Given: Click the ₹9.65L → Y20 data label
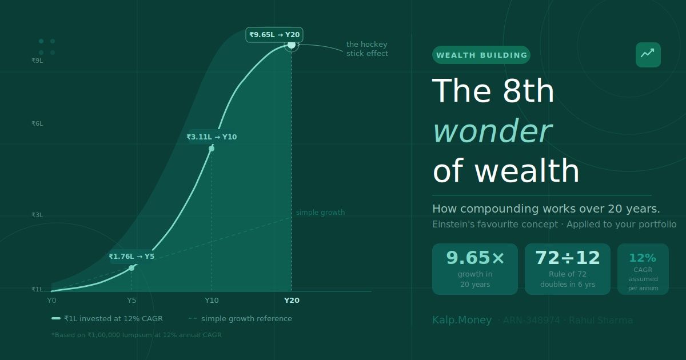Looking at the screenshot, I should pyautogui.click(x=274, y=35).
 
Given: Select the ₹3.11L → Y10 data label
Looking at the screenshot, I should pyautogui.click(x=212, y=137).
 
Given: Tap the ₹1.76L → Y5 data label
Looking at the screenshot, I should pyautogui.click(x=131, y=257).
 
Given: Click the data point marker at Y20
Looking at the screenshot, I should pyautogui.click(x=292, y=45).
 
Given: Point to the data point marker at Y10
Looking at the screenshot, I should pyautogui.click(x=212, y=149).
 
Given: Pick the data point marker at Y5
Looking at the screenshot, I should pyautogui.click(x=131, y=268).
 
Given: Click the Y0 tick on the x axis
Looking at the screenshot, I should pyautogui.click(x=51, y=301).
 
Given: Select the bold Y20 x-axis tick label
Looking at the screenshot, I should pyautogui.click(x=292, y=301).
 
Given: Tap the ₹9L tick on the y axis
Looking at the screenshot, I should pyautogui.click(x=37, y=61).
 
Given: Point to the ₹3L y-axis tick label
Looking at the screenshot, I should pyautogui.click(x=37, y=215).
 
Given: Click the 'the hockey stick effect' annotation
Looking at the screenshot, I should pyautogui.click(x=367, y=49).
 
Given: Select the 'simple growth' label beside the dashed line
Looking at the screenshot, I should pyautogui.click(x=320, y=213).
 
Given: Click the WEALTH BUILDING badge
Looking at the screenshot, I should pyautogui.click(x=481, y=55).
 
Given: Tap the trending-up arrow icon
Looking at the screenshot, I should pyautogui.click(x=648, y=54).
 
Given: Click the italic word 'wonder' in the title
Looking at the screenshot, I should pyautogui.click(x=492, y=131).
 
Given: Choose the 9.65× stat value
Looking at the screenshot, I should pyautogui.click(x=475, y=258).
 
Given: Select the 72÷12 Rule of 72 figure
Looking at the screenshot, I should pyautogui.click(x=568, y=258).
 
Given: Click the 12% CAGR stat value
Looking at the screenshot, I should pyautogui.click(x=643, y=258).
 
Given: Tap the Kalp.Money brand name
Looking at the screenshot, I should pyautogui.click(x=462, y=321).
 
